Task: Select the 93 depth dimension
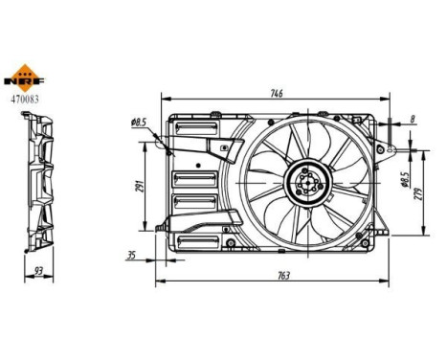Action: point(37,271)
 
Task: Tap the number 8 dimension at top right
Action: point(412,119)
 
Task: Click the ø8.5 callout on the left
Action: point(138,123)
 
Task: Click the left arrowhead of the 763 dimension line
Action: point(158,282)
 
